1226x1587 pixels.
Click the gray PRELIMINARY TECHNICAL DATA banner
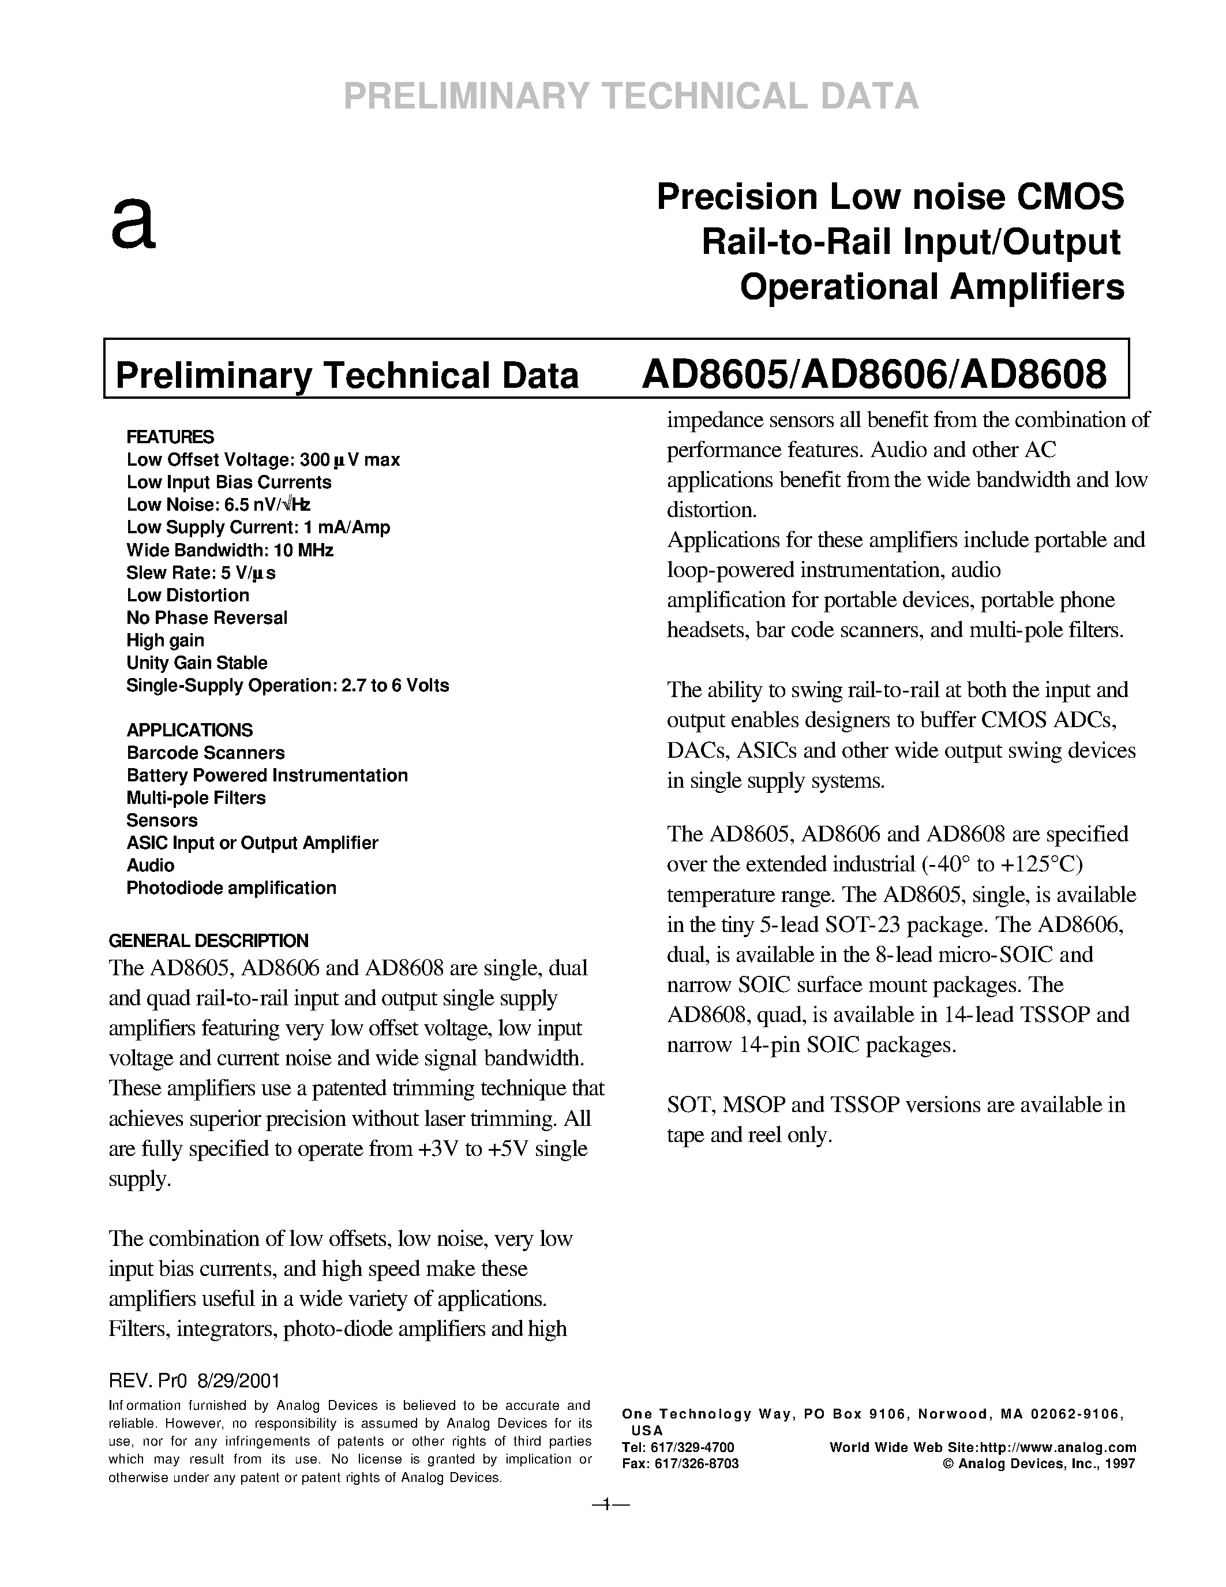(631, 96)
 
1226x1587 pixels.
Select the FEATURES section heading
(170, 437)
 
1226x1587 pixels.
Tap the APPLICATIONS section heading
(190, 729)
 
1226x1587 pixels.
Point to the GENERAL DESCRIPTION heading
(208, 940)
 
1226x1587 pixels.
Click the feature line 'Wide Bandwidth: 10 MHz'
(230, 550)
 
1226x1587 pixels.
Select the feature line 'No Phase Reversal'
(207, 617)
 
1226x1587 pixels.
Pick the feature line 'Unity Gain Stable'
(197, 663)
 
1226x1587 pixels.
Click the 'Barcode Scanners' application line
(205, 752)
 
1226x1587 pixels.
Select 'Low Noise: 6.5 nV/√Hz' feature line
(219, 505)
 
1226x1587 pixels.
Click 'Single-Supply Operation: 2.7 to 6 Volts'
(288, 685)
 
